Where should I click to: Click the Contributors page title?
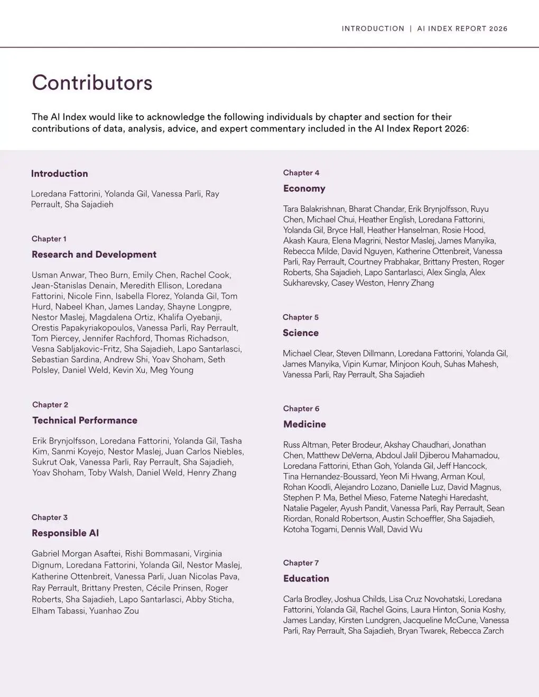pyautogui.click(x=92, y=83)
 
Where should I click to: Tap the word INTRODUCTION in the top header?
pyautogui.click(x=373, y=29)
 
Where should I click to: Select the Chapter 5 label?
pyautogui.click(x=301, y=317)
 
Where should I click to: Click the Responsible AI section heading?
pyautogui.click(x=65, y=533)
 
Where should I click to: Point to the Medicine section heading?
pyautogui.click(x=304, y=425)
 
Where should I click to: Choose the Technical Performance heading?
pyautogui.click(x=85, y=421)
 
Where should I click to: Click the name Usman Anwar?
pyautogui.click(x=58, y=275)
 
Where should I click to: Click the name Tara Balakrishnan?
pyautogui.click(x=313, y=209)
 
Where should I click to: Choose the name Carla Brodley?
pyautogui.click(x=306, y=599)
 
